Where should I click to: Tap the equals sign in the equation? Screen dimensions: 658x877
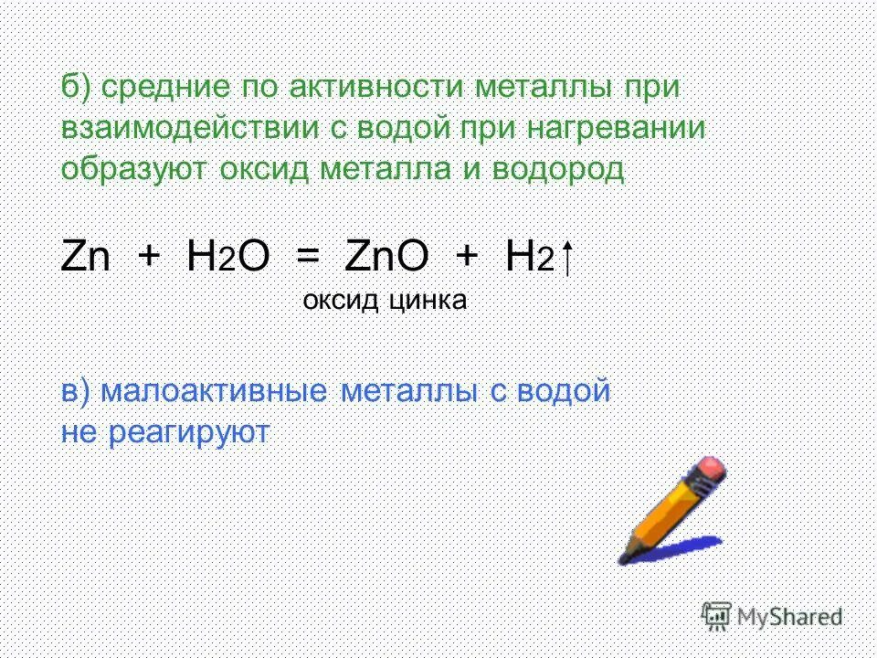tap(308, 258)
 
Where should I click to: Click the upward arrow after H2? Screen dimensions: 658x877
tap(568, 258)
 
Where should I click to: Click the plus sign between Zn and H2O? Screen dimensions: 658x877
tap(148, 258)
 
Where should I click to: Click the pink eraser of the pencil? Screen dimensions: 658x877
tap(711, 472)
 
